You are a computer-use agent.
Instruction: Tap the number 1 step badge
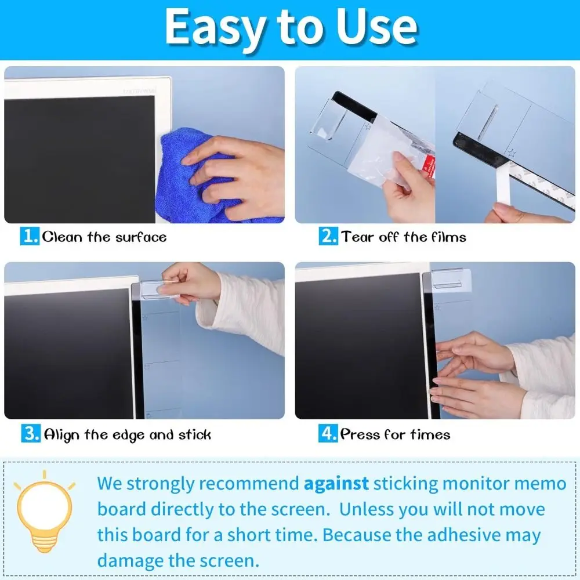click(x=30, y=237)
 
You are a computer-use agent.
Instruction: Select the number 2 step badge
click(x=328, y=237)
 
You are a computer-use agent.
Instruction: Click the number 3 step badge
click(x=30, y=434)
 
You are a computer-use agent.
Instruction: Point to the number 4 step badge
click(x=328, y=434)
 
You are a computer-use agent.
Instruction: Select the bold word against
click(x=336, y=483)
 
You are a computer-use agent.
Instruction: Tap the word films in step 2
click(x=448, y=237)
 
